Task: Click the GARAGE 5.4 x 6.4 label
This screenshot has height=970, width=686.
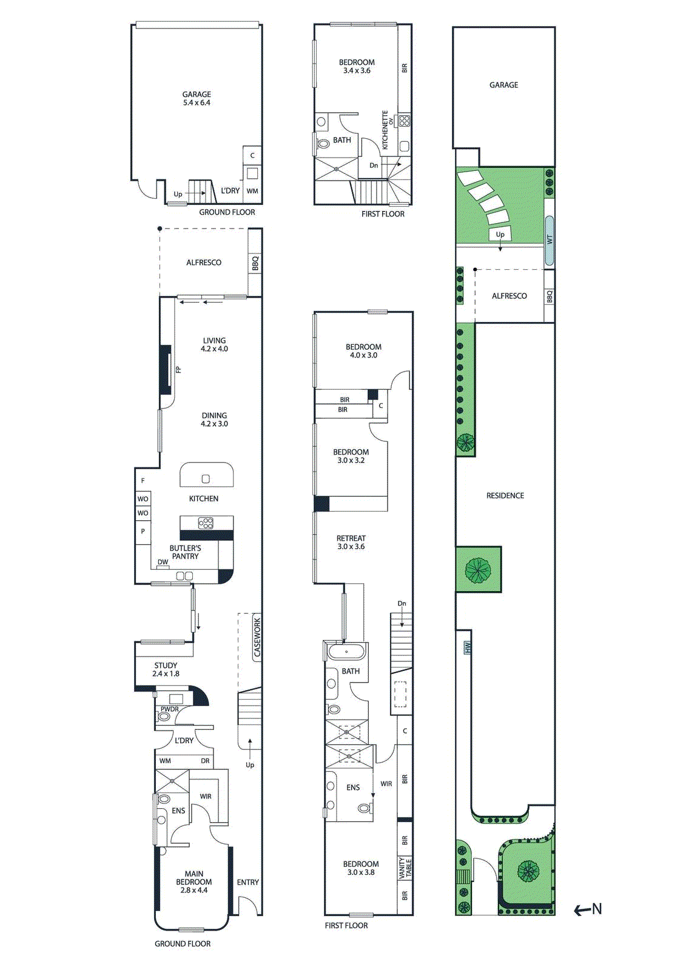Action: pos(197,99)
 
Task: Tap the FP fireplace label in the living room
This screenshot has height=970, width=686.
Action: pos(178,370)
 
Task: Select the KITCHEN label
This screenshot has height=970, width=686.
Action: pos(204,498)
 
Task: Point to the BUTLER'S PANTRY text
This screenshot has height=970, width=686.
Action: pos(185,552)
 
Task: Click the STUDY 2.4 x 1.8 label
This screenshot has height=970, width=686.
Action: pos(166,669)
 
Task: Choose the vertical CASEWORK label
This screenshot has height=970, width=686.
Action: pos(257,637)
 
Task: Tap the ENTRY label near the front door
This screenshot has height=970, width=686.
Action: pos(247,882)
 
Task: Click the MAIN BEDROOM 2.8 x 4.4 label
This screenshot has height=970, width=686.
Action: pos(194,882)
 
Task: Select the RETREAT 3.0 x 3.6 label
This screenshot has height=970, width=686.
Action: pos(351,542)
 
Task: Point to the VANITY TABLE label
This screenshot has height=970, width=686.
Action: pos(405,868)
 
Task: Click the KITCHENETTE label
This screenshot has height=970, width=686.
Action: pos(385,130)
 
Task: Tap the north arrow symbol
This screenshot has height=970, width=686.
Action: pos(588,909)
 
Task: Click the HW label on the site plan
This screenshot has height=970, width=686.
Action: pos(468,648)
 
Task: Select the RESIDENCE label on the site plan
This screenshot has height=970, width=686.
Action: pos(505,495)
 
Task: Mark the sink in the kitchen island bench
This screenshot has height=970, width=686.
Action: pos(206,479)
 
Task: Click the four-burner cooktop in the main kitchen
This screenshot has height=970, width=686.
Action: pos(206,523)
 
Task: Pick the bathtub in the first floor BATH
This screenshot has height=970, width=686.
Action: pos(346,652)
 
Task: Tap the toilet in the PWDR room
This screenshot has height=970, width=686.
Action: pos(164,717)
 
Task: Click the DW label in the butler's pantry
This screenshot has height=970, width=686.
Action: pos(163,562)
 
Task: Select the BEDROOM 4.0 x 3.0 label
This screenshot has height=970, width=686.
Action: pos(363,351)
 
